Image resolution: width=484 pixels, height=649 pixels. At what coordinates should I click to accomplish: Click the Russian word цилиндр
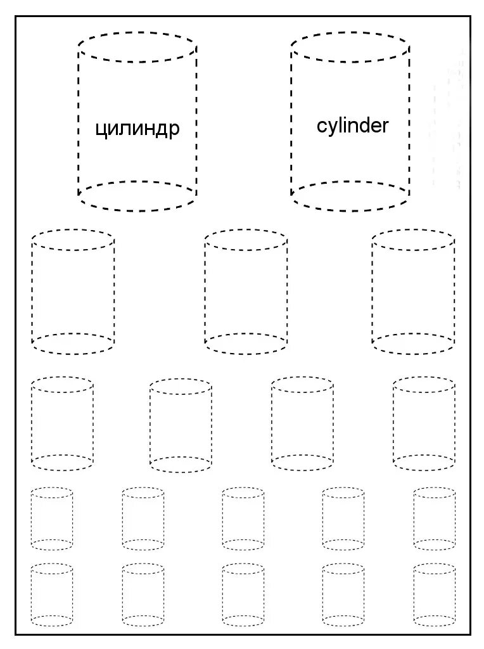(x=137, y=129)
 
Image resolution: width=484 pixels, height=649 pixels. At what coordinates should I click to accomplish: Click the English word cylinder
(x=352, y=125)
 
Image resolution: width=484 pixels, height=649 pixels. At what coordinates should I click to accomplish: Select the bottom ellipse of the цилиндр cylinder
(x=137, y=196)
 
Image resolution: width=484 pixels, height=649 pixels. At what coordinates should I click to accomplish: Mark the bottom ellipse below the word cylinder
(x=350, y=196)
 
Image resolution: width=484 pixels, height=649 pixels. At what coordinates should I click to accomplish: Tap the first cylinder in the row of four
(x=62, y=423)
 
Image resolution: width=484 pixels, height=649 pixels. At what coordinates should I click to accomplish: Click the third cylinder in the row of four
(x=302, y=423)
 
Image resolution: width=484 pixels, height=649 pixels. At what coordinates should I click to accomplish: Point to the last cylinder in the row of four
(x=423, y=423)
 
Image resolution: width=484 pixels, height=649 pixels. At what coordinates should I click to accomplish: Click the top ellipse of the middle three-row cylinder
(x=246, y=240)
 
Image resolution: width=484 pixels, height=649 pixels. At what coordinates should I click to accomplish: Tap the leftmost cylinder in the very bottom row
(x=52, y=594)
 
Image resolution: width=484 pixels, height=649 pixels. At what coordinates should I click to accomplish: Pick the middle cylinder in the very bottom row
(x=243, y=594)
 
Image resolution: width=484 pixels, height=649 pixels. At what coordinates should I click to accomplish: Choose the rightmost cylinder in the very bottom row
(x=434, y=594)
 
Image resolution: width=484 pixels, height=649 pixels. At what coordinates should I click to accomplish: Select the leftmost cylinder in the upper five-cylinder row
(x=52, y=518)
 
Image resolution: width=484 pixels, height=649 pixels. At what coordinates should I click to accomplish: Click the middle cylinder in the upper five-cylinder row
(x=243, y=518)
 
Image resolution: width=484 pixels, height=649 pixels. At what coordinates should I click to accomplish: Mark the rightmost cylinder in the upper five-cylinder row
(x=434, y=518)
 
